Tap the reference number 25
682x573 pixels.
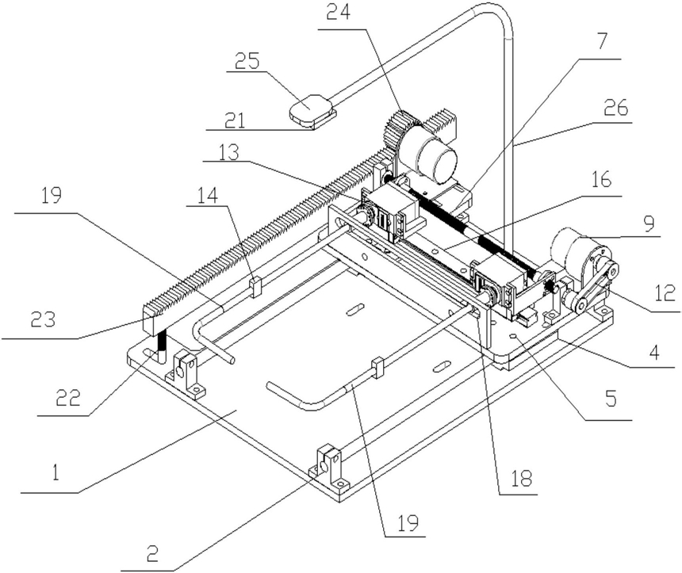247,61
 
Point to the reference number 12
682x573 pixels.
662,292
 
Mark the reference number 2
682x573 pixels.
152,553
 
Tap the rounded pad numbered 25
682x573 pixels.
312,109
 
